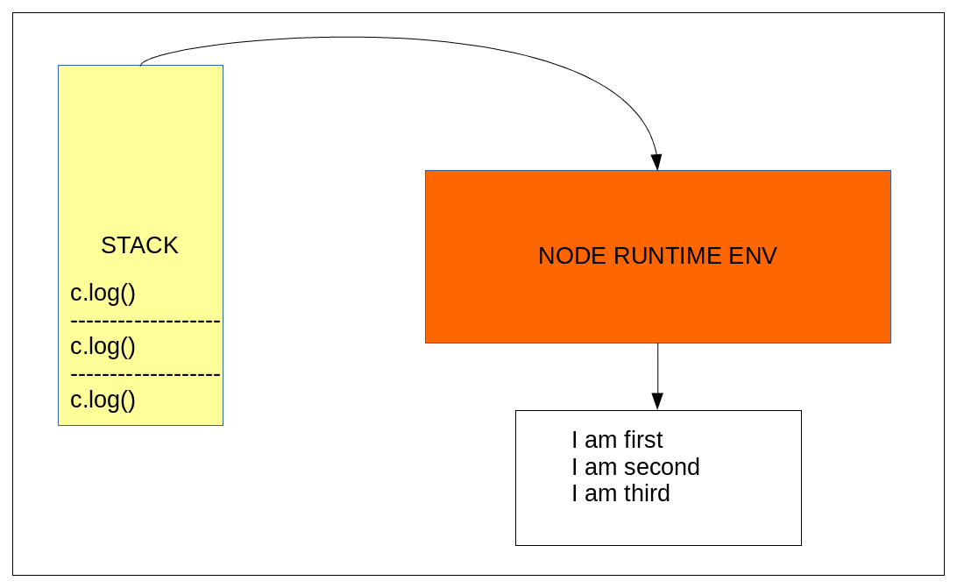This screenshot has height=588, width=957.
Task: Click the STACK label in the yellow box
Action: tap(139, 245)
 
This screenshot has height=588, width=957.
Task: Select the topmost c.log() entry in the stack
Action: tap(103, 293)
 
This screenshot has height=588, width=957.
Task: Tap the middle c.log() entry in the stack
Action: tap(103, 346)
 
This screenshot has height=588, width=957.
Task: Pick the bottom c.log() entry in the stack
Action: tap(103, 400)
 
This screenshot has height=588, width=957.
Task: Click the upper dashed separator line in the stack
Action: tap(145, 322)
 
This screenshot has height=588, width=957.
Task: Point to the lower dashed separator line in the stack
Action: tap(145, 375)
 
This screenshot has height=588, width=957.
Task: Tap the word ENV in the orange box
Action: tap(753, 256)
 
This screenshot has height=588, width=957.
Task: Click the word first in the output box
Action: tap(643, 440)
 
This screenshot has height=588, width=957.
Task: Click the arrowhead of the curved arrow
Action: tap(656, 162)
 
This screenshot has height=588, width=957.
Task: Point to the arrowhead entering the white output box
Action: tap(657, 401)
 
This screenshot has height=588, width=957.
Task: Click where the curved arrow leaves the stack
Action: tap(140, 64)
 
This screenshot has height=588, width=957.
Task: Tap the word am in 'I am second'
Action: tap(600, 467)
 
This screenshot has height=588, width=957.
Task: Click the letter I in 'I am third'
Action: tap(575, 493)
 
